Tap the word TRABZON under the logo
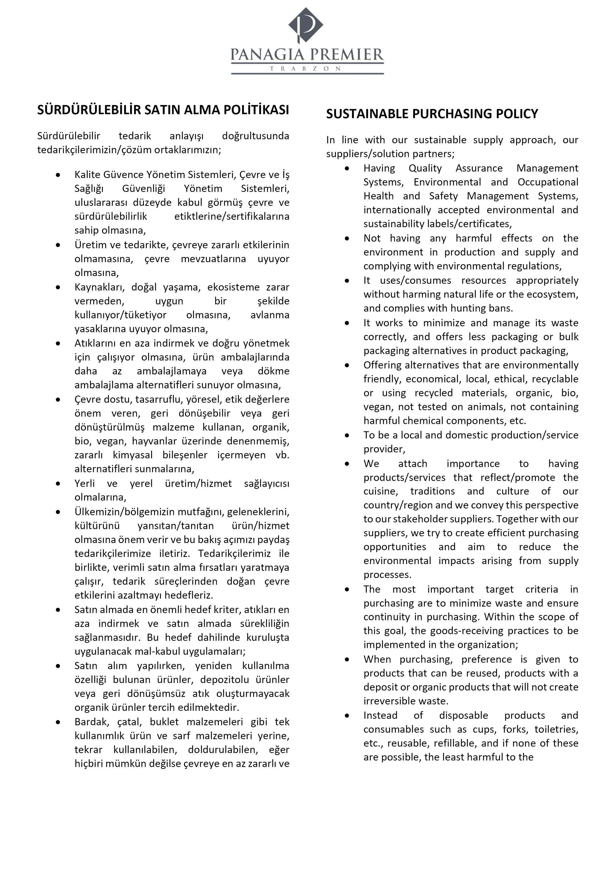pos(307,69)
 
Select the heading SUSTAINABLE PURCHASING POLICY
pos(432,114)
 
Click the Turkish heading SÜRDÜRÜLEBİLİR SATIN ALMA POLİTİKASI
pos(163,110)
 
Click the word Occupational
pos(548,182)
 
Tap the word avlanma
pos(270,315)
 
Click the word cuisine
pos(380,491)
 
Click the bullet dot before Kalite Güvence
pos(58,175)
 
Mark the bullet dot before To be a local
pos(347,435)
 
